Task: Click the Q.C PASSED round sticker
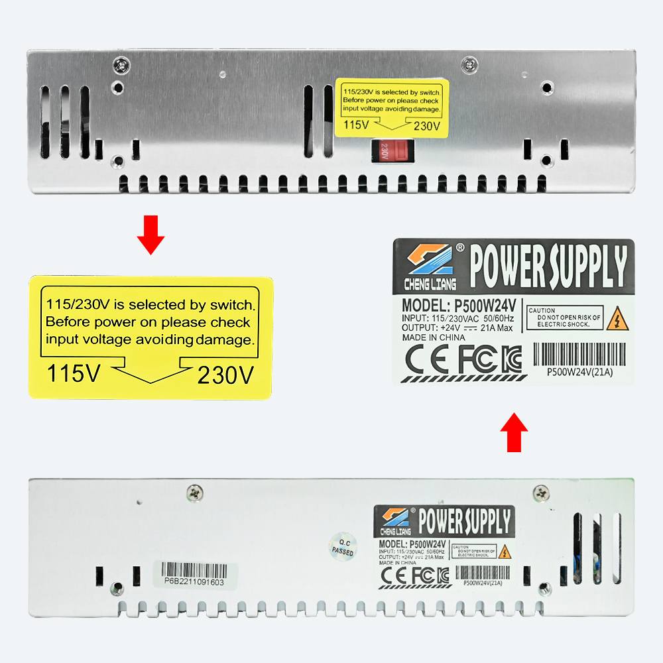[342, 546]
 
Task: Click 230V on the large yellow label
[225, 376]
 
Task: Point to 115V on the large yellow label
[74, 375]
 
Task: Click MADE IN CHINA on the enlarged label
[434, 337]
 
